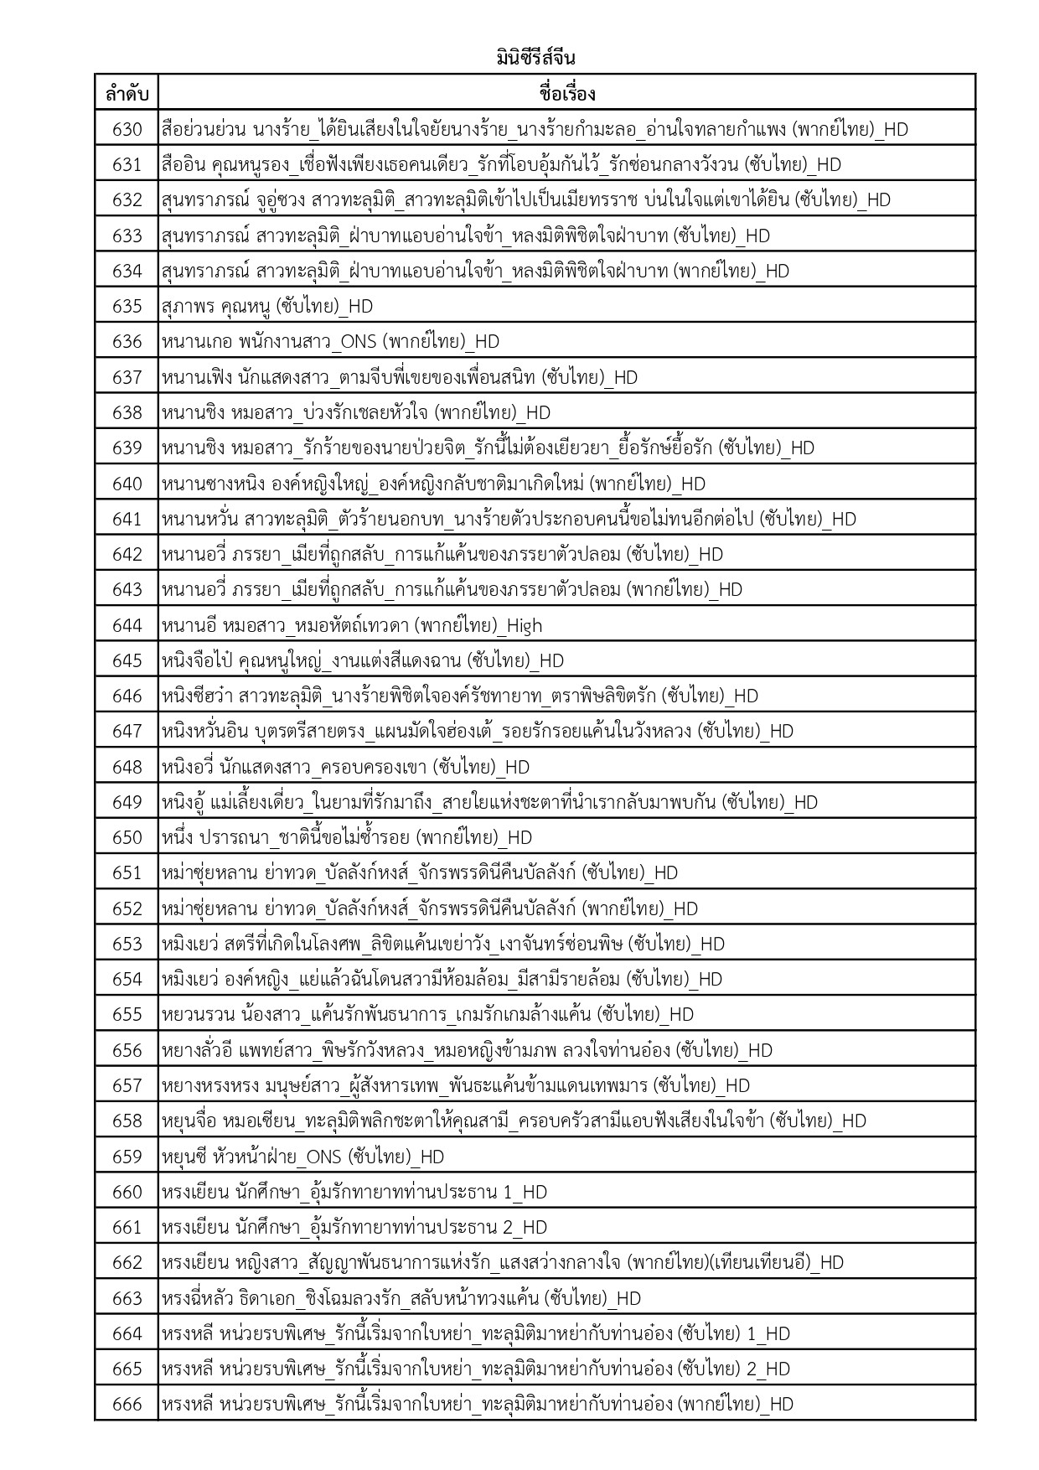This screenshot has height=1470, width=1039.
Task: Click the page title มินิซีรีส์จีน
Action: click(x=535, y=59)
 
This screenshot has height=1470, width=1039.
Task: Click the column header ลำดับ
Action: click(x=127, y=93)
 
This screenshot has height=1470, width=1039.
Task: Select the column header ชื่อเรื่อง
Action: click(x=567, y=93)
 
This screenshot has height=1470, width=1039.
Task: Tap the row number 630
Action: click(x=127, y=129)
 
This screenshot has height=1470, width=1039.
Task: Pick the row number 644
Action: click(x=127, y=625)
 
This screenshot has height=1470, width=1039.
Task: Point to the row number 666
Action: click(x=127, y=1404)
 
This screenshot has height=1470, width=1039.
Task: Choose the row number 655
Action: click(x=127, y=1014)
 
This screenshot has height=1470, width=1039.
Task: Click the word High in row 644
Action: click(x=525, y=625)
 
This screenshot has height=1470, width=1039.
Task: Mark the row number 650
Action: click(x=127, y=837)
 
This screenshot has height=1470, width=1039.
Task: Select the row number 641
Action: click(x=127, y=519)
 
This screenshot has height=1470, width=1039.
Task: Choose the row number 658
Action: click(x=127, y=1121)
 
